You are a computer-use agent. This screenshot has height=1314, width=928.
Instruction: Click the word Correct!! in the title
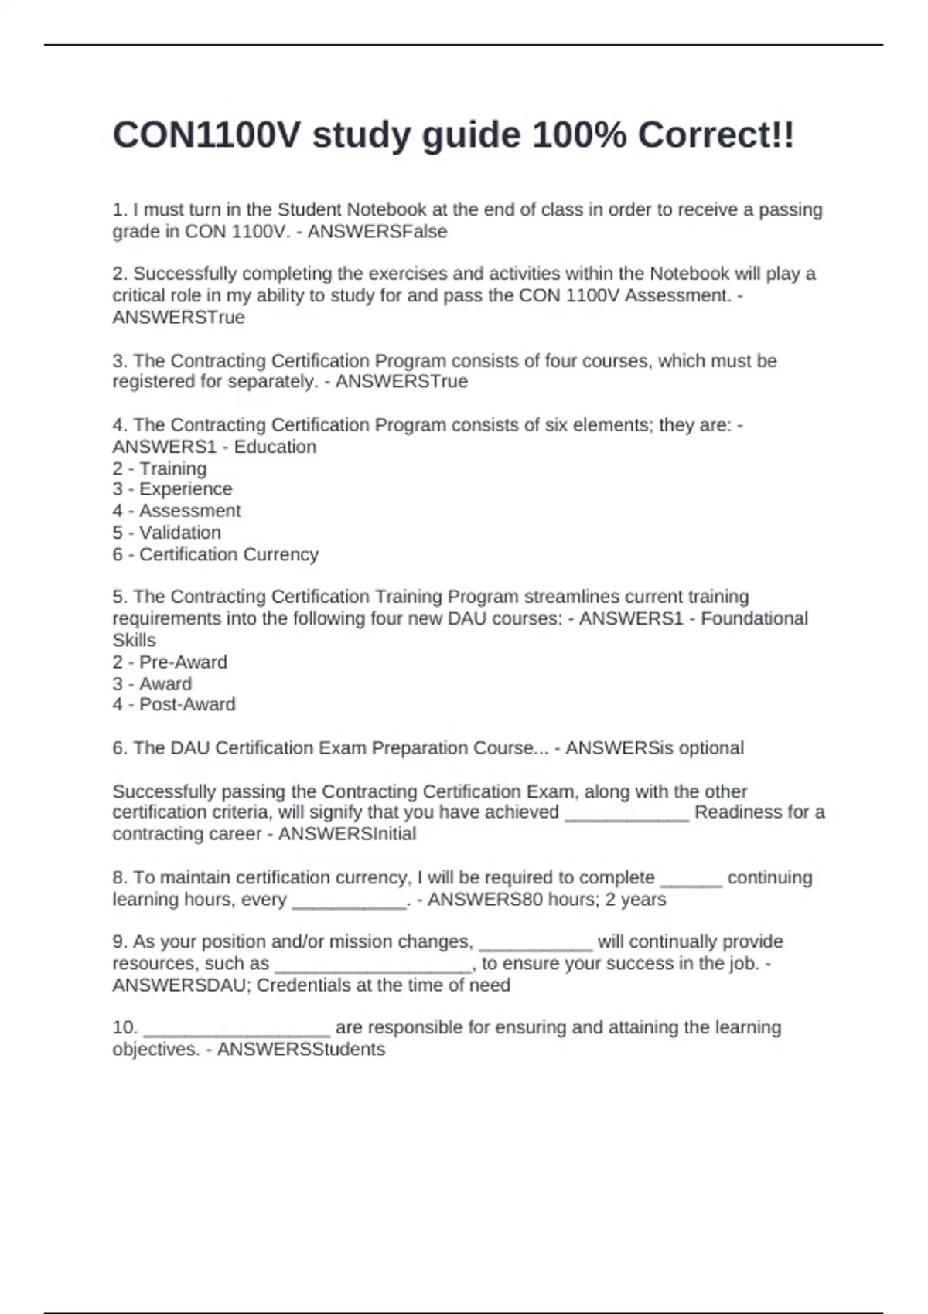[715, 136]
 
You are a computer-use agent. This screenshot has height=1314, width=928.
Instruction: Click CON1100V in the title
[206, 136]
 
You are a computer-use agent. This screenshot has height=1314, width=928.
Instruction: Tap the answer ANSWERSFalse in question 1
[377, 232]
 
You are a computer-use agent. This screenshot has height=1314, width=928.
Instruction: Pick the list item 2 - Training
[159, 468]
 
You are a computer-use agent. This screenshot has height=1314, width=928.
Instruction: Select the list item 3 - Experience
[172, 489]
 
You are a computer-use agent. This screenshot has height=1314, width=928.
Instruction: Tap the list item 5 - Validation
[166, 533]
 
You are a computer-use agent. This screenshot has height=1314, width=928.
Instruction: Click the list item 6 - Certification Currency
[215, 554]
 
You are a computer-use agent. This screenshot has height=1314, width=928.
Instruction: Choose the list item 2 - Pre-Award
[169, 662]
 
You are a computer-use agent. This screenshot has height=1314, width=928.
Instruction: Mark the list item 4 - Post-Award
[173, 704]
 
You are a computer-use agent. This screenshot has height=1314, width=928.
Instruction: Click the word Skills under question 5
[134, 641]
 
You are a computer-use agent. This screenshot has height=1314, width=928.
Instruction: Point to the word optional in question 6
[708, 748]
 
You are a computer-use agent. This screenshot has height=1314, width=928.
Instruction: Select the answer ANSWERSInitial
[346, 834]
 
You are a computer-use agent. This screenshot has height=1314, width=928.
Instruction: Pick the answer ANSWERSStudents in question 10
[301, 1050]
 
